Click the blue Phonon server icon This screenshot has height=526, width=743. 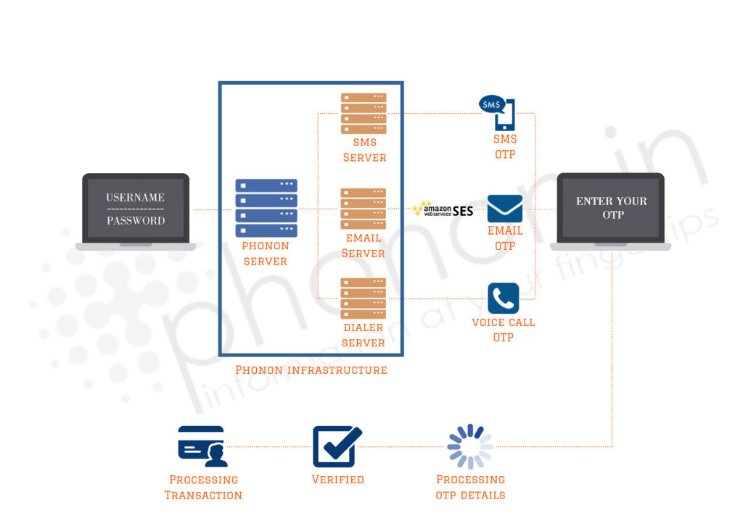(x=266, y=208)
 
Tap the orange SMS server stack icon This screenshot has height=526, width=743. (x=364, y=114)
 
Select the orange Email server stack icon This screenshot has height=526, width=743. (x=363, y=209)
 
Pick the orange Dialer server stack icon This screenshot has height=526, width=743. (x=363, y=298)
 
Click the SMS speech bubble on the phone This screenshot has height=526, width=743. (x=491, y=104)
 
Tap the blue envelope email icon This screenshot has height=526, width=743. (x=505, y=209)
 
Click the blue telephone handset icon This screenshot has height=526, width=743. (x=504, y=298)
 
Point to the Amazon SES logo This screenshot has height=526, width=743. (x=443, y=209)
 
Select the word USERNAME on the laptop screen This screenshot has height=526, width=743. (x=136, y=197)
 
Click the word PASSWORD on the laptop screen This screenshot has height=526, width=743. (x=136, y=220)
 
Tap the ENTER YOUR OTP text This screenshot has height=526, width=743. (x=612, y=208)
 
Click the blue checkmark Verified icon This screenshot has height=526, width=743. (x=337, y=446)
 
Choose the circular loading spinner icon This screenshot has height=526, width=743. (x=470, y=446)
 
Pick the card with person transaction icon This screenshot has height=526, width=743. (x=203, y=446)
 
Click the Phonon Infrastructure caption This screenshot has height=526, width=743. (x=311, y=370)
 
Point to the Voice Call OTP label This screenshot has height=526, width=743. (x=504, y=330)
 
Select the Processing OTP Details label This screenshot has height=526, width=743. (x=470, y=487)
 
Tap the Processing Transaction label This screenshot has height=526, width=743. (x=203, y=487)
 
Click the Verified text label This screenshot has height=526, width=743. (x=338, y=480)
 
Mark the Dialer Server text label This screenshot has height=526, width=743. (x=364, y=335)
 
